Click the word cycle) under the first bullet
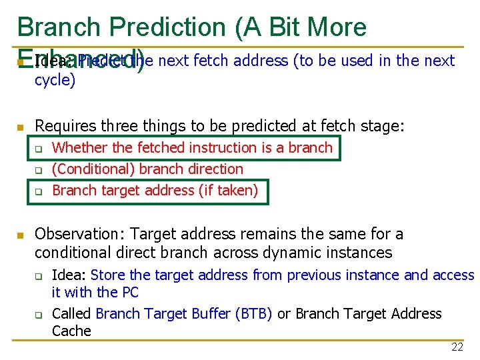55,81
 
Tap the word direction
211,169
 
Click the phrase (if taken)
227,191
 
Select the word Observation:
80,234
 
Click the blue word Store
108,275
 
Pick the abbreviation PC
130,292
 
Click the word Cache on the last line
71,331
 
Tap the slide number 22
457,347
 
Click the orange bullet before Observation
20,235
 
